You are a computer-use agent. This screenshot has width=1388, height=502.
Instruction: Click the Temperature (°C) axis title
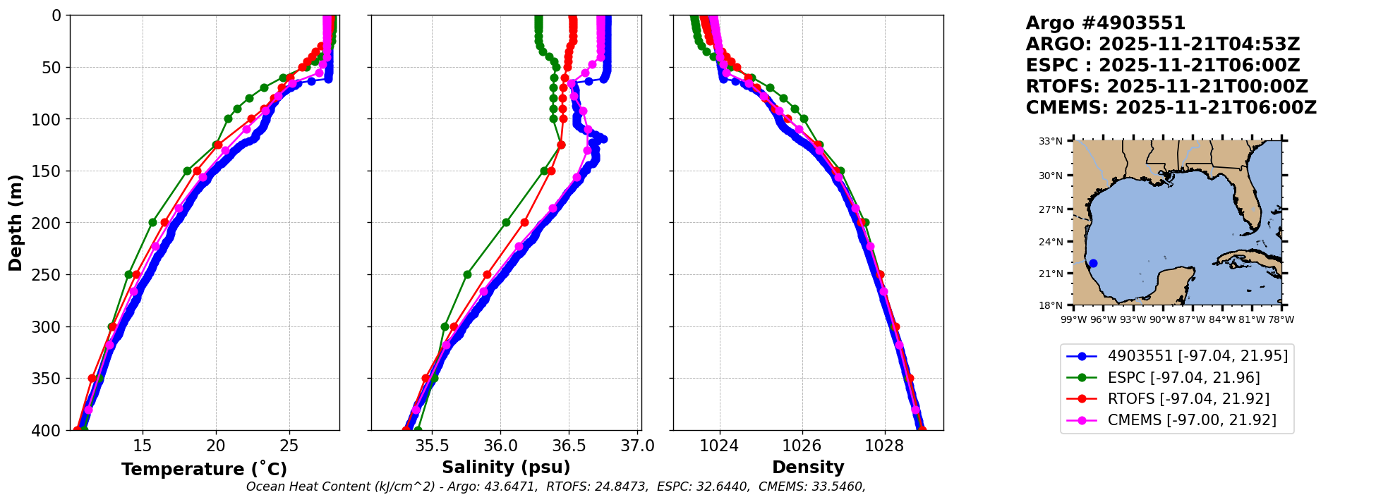pos(204,469)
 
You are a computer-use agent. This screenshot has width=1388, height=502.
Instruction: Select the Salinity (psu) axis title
pos(506,467)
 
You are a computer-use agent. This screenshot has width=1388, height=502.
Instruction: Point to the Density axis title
pos(808,467)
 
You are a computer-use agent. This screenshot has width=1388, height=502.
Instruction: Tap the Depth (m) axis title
pos(15,222)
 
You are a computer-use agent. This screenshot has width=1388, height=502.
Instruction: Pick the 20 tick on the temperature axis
pos(216,446)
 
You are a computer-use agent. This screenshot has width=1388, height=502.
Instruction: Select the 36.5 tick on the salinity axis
pos(569,446)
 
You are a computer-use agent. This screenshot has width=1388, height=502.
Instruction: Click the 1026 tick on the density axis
pos(802,446)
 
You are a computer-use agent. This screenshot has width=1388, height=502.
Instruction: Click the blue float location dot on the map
pos(1093,264)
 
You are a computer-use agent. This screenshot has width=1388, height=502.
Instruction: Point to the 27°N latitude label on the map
pos(1051,209)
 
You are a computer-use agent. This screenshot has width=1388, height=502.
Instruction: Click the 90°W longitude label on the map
pos(1163,319)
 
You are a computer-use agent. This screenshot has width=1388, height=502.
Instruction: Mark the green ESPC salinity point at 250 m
pos(467,274)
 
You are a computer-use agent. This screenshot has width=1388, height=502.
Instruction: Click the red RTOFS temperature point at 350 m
pos(92,379)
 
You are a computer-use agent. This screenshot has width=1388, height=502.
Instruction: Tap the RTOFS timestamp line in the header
pos(1166,87)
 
